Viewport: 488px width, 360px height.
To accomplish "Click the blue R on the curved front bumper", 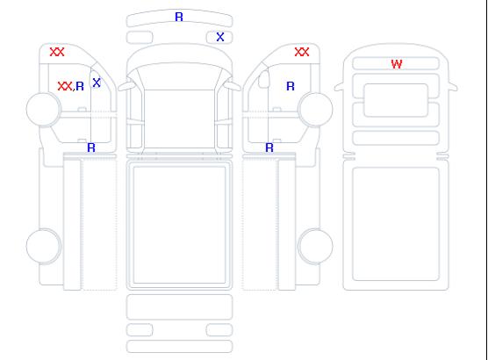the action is (x=179, y=17).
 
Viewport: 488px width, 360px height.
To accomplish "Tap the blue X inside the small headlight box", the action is (x=220, y=37).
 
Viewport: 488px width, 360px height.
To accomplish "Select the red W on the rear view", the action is (x=397, y=64).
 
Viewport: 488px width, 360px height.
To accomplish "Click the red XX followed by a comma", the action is (x=65, y=86).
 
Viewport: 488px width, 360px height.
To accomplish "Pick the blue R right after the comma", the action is (x=80, y=86).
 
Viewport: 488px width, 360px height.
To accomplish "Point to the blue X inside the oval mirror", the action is (x=97, y=83).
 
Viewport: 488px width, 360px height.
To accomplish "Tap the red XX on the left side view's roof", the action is (x=57, y=52).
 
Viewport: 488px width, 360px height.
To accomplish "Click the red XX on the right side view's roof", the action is (x=302, y=52).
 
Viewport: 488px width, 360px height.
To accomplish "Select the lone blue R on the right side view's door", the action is (x=291, y=86).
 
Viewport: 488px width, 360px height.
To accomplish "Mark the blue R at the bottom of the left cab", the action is (x=91, y=148).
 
